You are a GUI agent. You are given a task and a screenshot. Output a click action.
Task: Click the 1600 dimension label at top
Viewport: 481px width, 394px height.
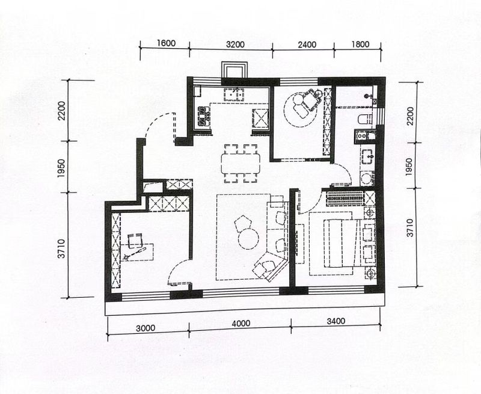[167, 43]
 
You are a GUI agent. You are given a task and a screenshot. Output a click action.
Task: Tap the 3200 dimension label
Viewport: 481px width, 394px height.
[235, 45]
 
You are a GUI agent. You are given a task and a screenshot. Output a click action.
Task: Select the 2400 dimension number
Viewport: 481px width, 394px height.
[307, 45]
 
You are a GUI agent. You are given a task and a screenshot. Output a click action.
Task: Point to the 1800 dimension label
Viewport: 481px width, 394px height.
[360, 45]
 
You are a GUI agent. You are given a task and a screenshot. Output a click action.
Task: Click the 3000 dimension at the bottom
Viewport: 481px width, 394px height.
[146, 328]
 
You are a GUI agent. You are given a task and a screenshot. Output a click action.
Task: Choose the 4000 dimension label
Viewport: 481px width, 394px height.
[241, 324]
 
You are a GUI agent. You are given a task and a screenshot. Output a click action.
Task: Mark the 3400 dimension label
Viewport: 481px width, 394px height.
[336, 321]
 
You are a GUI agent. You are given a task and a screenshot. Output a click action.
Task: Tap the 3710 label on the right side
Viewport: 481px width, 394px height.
[410, 227]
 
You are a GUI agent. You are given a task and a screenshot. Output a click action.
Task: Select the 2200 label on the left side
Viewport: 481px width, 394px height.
[62, 111]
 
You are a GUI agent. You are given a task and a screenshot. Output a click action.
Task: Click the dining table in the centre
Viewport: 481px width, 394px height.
[241, 163]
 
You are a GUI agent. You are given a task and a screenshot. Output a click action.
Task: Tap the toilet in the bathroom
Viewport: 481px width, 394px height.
[366, 119]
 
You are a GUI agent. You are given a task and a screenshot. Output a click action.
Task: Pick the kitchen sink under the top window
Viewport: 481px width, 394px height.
[234, 95]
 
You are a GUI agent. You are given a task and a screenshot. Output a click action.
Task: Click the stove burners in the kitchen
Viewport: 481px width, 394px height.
[203, 117]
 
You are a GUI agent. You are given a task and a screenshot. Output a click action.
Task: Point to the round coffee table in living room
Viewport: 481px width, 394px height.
[248, 239]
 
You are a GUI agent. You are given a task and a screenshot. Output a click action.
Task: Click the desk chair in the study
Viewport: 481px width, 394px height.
[135, 241]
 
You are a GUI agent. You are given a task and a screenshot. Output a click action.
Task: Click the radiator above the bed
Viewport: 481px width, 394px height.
[345, 199]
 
